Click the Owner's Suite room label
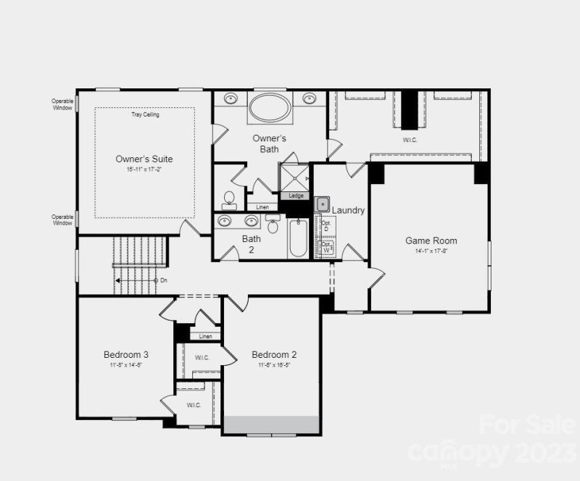pyautogui.click(x=144, y=159)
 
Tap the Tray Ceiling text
pyautogui.click(x=145, y=114)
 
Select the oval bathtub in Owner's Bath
pyautogui.click(x=270, y=108)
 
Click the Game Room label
pyautogui.click(x=431, y=240)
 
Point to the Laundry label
pyautogui.click(x=348, y=210)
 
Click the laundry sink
pyautogui.click(x=323, y=204)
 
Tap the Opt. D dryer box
pyautogui.click(x=326, y=226)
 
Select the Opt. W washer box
pyautogui.click(x=326, y=247)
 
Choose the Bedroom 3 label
pyautogui.click(x=126, y=354)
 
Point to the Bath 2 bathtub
pyautogui.click(x=298, y=239)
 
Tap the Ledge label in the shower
pyautogui.click(x=296, y=196)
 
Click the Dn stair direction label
pyautogui.click(x=164, y=280)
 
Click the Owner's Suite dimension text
pyautogui.click(x=144, y=170)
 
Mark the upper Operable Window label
pyautogui.click(x=63, y=104)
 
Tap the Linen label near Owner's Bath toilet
pyautogui.click(x=262, y=207)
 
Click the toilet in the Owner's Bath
pyautogui.click(x=229, y=200)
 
